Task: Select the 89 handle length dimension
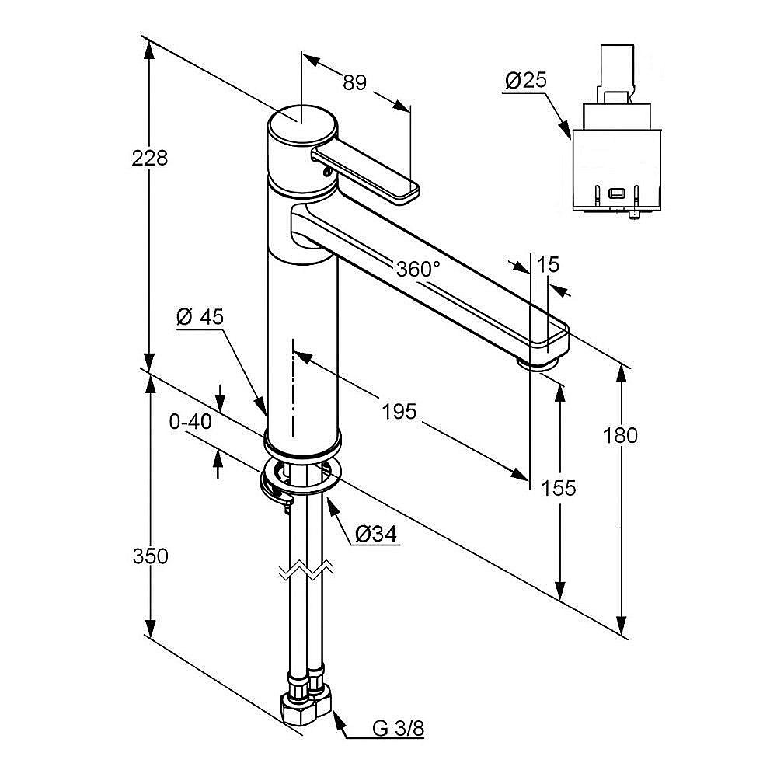click(354, 82)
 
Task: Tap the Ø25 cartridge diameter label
click(526, 80)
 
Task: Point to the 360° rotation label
click(418, 270)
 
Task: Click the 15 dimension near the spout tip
click(548, 265)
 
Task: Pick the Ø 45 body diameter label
click(200, 316)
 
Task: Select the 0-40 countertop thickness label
click(190, 422)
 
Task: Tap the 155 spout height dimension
click(559, 487)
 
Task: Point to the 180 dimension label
click(620, 435)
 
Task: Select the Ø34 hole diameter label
click(376, 534)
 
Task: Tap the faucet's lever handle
click(365, 172)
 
